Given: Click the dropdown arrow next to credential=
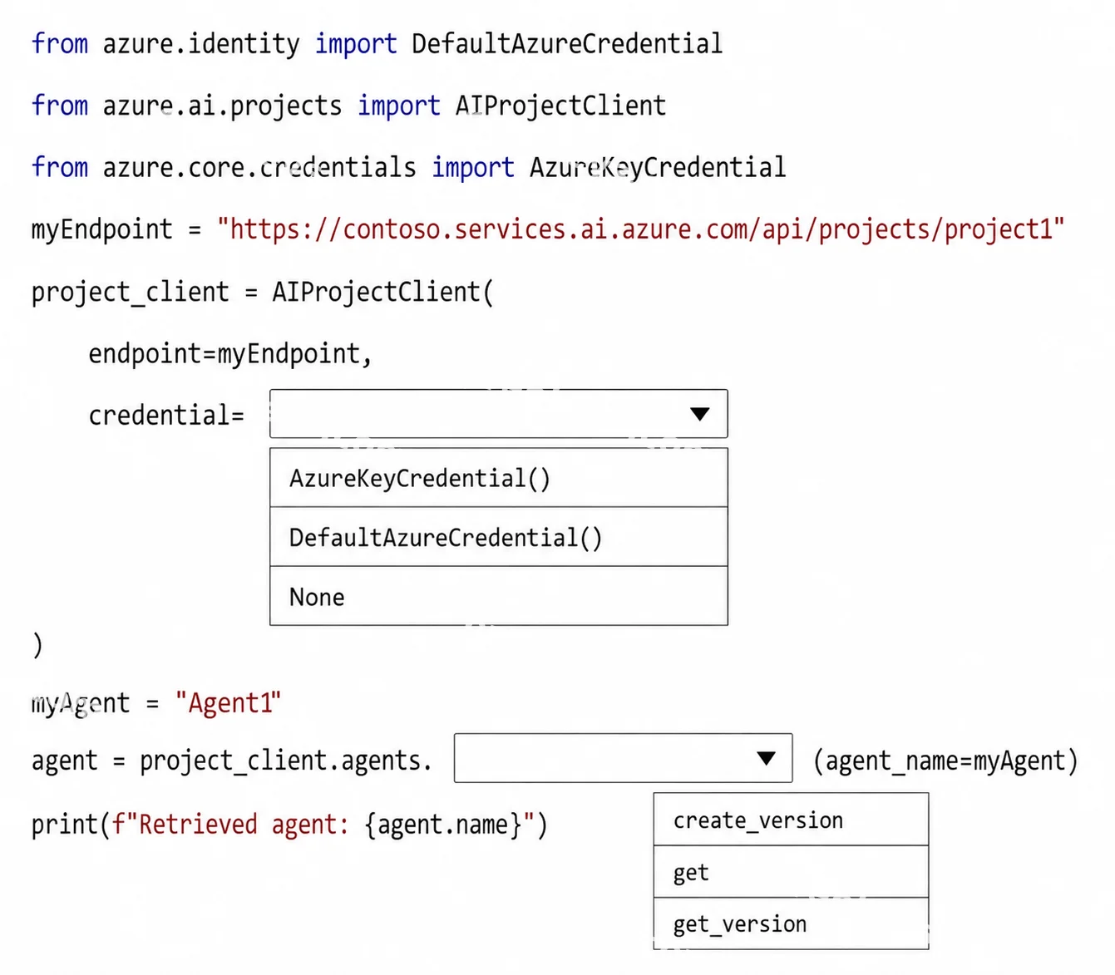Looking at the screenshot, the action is coord(700,414).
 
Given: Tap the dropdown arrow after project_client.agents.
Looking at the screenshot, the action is coord(766,758).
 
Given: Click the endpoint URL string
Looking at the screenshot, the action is coord(640,229).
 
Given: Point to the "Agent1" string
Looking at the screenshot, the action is coord(228,702).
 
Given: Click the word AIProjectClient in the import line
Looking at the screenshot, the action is coord(560,105).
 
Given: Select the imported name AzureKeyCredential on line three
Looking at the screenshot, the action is coord(658,168).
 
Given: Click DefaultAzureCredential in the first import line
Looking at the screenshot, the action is coord(567,43).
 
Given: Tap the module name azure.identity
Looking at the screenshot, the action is coord(201,44).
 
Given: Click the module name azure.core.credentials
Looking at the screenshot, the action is coord(259,167).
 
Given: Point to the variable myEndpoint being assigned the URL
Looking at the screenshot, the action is coord(102,229).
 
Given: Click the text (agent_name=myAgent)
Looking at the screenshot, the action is coord(945,761).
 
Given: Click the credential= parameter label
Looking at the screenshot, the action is coord(166,415).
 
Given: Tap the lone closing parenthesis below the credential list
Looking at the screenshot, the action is coord(37,645).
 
